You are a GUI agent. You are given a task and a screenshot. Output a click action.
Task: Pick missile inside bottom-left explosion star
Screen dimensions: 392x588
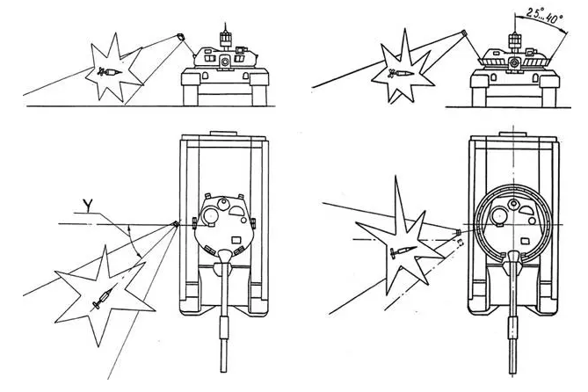(x=102, y=297)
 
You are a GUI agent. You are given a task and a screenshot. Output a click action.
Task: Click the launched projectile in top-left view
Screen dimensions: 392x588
(x=180, y=37)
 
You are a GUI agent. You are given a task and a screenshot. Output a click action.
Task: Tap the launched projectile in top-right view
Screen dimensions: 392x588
(x=464, y=34)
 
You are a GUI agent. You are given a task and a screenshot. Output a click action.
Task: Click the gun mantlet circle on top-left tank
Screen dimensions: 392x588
(x=226, y=61)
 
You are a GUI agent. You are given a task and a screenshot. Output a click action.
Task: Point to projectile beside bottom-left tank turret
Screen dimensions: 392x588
(x=176, y=224)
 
